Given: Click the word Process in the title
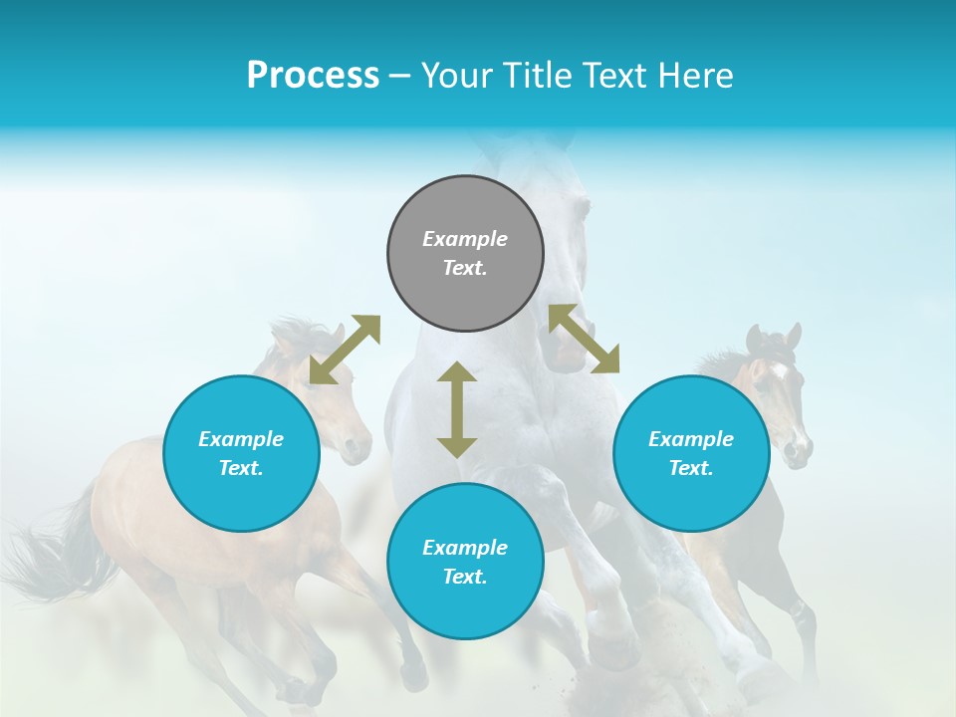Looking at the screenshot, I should coord(313,76).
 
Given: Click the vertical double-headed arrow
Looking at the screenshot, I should coord(457,409).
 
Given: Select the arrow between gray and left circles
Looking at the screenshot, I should coord(345,350).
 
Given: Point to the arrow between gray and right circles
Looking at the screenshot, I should coord(584,339).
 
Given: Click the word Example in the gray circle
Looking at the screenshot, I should coord(465,239).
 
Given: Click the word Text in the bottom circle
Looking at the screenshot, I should coord(465,577).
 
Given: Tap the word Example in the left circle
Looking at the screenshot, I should coord(241,439).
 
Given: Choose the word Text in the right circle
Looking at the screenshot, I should coord(690,468).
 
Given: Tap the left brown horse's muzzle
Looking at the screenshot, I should coord(355,447).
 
